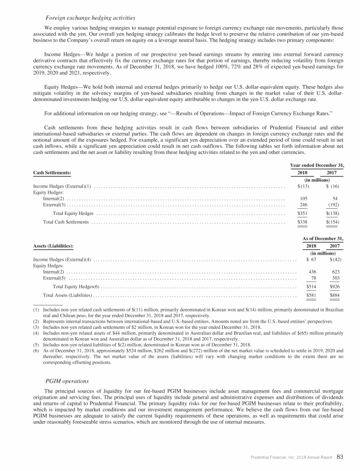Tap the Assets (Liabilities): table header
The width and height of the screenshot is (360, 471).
[53, 246]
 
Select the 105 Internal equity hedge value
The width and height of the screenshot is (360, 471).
[304, 198]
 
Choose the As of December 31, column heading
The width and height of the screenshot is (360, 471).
[323, 238]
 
